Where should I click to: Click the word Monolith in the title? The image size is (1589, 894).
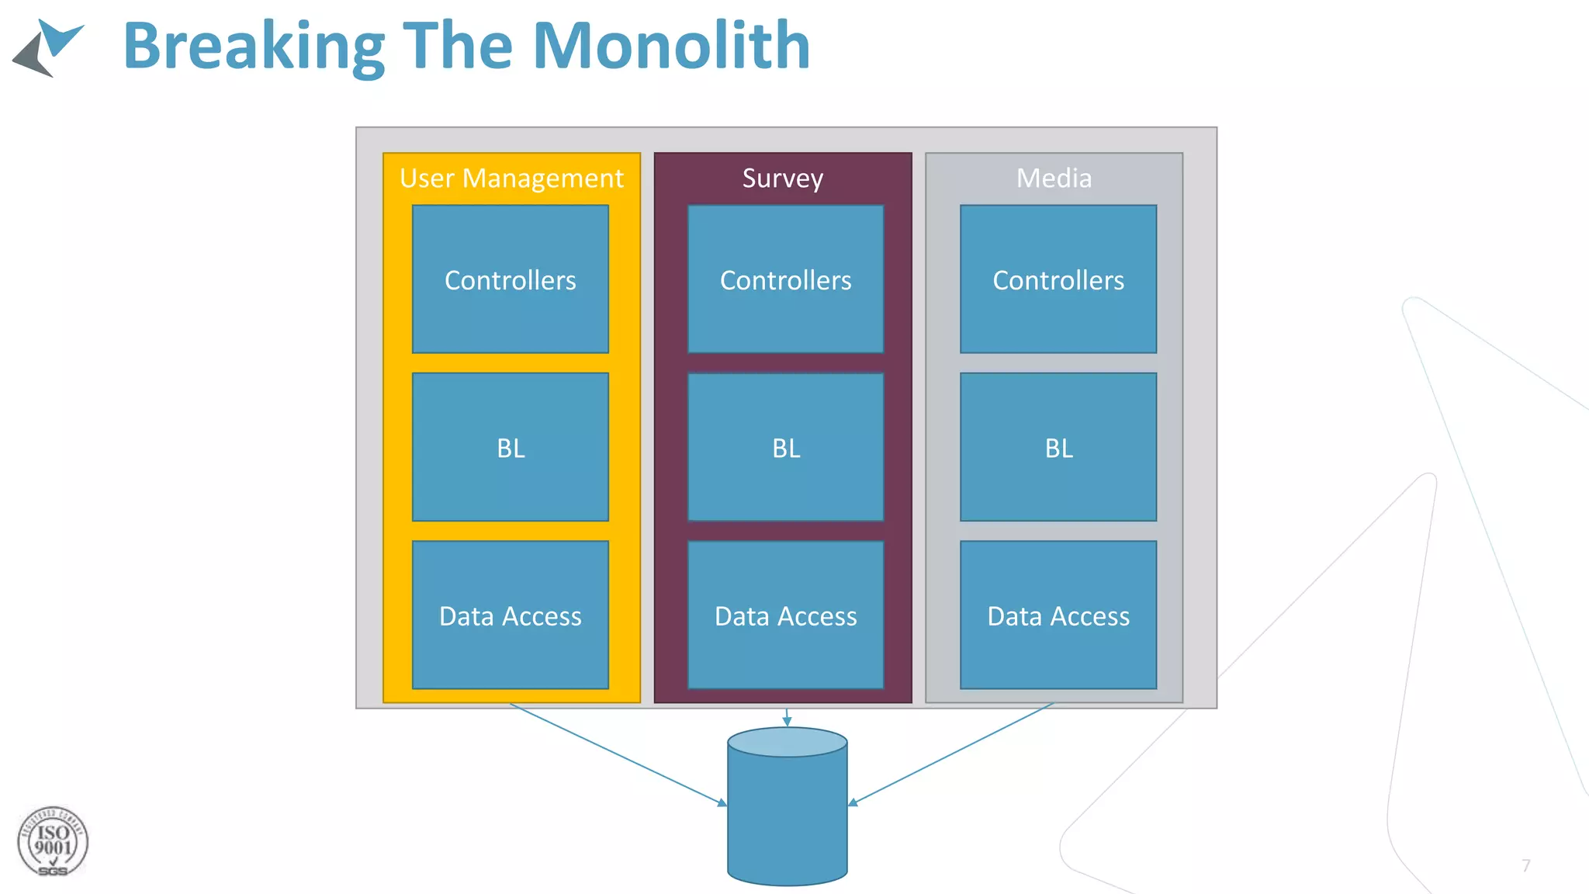tap(671, 47)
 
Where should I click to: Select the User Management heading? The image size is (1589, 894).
tap(511, 178)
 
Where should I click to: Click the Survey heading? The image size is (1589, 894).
tap(782, 178)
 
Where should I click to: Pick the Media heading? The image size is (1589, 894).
tap(1054, 178)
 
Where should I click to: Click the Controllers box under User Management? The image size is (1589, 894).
tap(511, 279)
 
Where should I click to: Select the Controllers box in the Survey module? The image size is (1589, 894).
tap(785, 279)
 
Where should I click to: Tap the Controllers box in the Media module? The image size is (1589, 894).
tap(1058, 279)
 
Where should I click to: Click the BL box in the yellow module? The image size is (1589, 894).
tap(511, 447)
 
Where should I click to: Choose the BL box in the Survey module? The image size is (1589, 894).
tap(785, 447)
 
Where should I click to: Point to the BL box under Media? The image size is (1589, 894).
tap(1058, 447)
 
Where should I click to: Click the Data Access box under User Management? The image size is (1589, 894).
tap(511, 615)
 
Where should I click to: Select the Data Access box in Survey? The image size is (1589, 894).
tap(785, 615)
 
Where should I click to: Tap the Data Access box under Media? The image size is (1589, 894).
tap(1058, 615)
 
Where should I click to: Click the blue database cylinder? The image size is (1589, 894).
tap(787, 815)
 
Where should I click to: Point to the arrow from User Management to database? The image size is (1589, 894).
tap(618, 754)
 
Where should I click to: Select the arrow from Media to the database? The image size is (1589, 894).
tap(951, 754)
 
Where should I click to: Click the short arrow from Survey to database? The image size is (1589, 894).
tap(787, 717)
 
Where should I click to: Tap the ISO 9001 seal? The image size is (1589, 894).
tap(53, 842)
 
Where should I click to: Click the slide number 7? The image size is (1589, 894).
tap(1525, 865)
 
